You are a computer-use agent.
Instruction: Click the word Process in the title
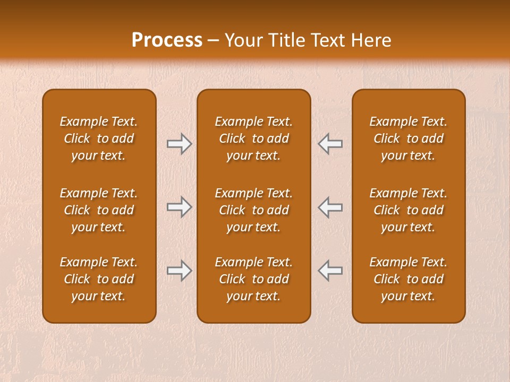coord(167,40)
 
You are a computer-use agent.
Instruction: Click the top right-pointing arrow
coord(179,144)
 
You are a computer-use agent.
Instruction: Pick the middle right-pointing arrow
coord(179,207)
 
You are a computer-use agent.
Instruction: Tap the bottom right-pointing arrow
coord(179,271)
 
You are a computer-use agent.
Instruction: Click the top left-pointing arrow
coord(330,144)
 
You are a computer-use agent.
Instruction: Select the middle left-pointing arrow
coord(330,207)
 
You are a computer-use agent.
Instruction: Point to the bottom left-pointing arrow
coord(330,271)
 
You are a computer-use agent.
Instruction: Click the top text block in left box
coord(99,138)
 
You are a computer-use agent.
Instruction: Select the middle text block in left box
coord(99,210)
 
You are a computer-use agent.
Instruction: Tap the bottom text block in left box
coord(99,279)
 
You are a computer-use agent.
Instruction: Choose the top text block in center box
coord(253,138)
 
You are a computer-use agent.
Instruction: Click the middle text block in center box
coord(253,210)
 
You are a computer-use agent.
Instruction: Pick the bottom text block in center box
coord(253,279)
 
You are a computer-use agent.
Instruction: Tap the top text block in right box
coord(408,138)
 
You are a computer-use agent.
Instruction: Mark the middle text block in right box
coord(408,210)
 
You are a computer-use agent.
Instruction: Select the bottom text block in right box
coord(408,279)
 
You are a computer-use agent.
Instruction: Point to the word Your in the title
coord(243,40)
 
